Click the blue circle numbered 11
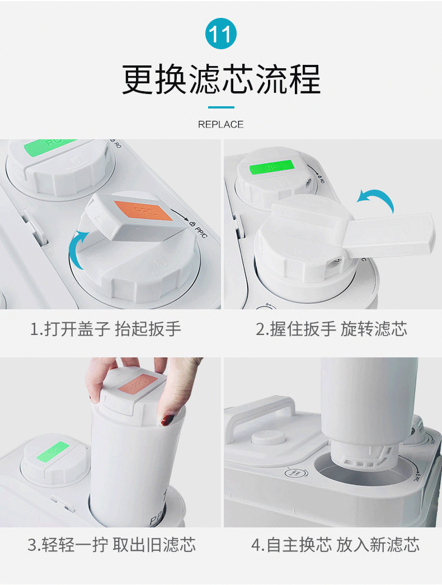[220, 34]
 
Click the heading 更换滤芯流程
[221, 79]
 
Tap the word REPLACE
[220, 125]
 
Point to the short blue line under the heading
[221, 107]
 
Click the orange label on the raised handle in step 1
[143, 210]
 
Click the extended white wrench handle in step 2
[390, 235]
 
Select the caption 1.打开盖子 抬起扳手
[106, 329]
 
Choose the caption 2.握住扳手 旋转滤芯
[331, 329]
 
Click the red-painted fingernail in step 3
[167, 419]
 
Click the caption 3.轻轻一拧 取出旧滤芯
[112, 545]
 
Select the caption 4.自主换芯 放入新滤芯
[335, 545]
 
